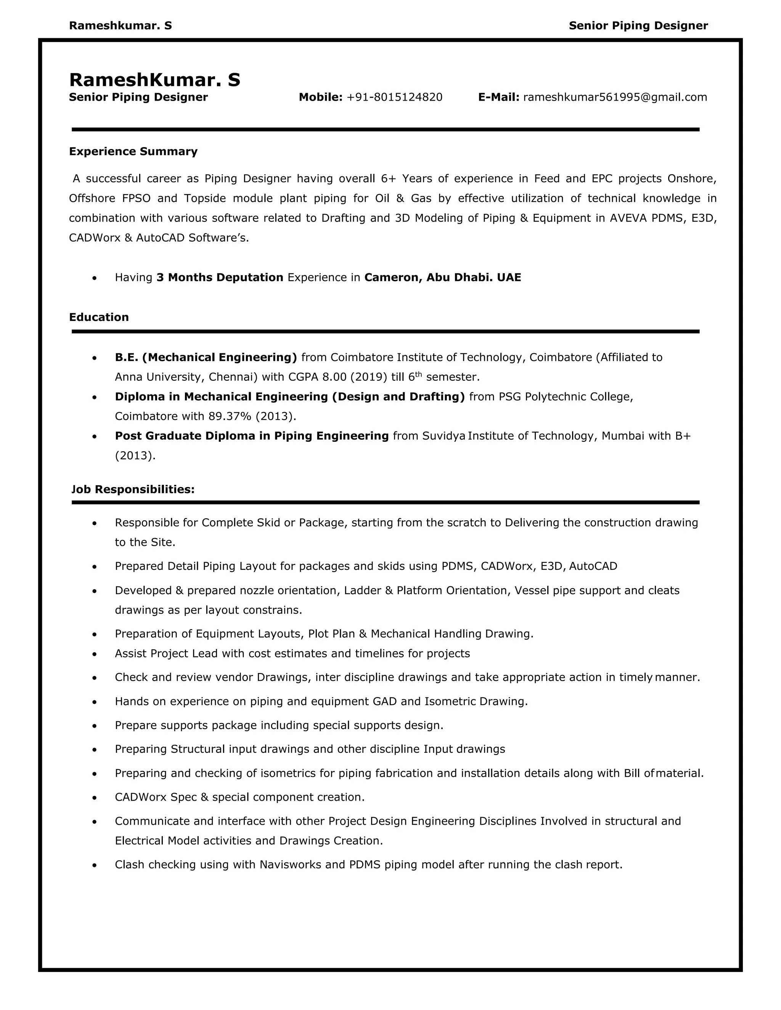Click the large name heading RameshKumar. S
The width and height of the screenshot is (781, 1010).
click(x=154, y=80)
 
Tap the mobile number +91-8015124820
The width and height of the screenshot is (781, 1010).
click(x=394, y=97)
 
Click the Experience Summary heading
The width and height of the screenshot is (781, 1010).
click(x=133, y=152)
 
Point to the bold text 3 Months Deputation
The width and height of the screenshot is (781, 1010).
click(x=220, y=277)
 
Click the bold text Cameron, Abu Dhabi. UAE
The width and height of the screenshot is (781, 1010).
click(x=442, y=277)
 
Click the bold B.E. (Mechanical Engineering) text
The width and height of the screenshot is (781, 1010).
click(x=206, y=358)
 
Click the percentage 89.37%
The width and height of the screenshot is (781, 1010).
click(x=230, y=417)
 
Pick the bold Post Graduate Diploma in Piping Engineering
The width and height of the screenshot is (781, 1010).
click(x=252, y=436)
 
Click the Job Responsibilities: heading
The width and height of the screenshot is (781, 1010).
click(x=133, y=489)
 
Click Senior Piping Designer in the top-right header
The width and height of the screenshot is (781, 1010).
click(x=638, y=26)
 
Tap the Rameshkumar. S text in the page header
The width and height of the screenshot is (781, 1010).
click(x=120, y=26)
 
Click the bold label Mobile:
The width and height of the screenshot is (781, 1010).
click(x=321, y=97)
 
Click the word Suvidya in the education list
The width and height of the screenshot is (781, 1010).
click(x=443, y=436)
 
